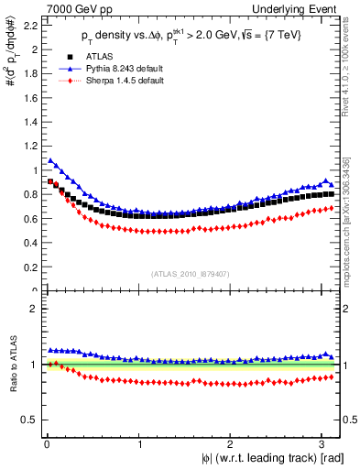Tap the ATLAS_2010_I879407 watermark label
tap(189, 272)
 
